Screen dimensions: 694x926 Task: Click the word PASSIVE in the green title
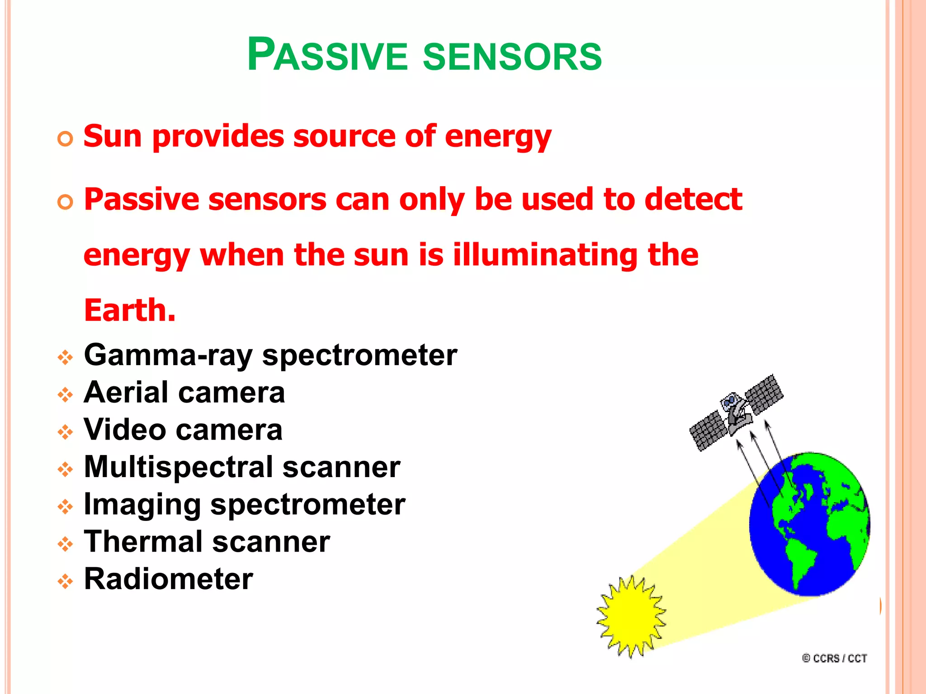coord(327,55)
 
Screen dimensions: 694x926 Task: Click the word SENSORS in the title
coord(512,56)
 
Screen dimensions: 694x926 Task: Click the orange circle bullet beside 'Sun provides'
coord(65,139)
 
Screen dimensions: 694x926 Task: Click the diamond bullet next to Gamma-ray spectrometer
coord(65,358)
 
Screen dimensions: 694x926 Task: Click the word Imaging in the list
coord(142,505)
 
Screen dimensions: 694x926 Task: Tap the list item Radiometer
coord(168,579)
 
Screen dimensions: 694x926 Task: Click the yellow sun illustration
coord(631,616)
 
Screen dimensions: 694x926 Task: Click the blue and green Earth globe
coord(809,524)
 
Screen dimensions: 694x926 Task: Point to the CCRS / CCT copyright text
coord(835,658)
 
